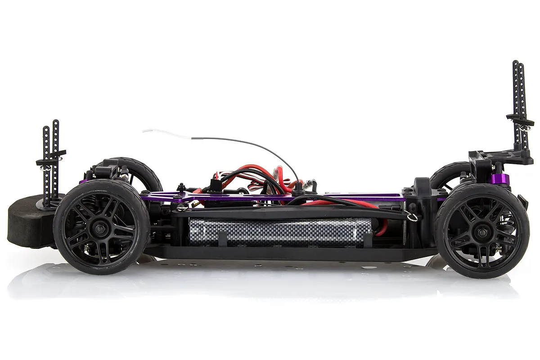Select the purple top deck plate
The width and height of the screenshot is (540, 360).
pyautogui.click(x=270, y=196)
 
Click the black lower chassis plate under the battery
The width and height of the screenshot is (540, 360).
pyautogui.click(x=288, y=253)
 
